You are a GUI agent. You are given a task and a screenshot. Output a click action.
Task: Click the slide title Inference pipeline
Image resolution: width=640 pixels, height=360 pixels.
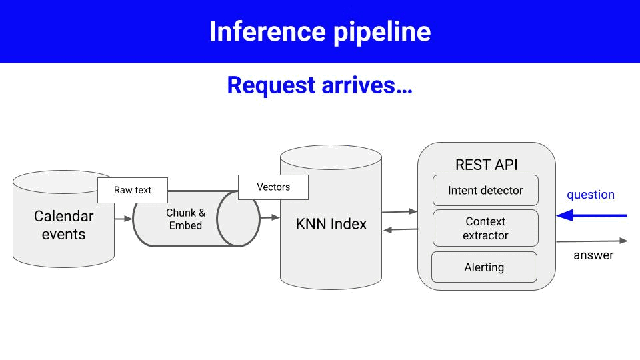tap(320, 31)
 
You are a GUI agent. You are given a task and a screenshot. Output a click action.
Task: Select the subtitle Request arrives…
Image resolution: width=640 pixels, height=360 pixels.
tap(320, 85)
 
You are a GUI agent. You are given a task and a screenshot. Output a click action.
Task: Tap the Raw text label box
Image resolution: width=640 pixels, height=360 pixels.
tap(133, 190)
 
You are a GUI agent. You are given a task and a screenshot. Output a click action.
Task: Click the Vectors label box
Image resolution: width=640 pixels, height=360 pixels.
tap(273, 187)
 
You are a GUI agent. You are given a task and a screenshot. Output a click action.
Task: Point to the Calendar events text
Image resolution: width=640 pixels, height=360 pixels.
tap(63, 225)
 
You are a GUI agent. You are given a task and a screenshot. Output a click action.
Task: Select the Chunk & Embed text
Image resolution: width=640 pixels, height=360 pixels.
tap(185, 219)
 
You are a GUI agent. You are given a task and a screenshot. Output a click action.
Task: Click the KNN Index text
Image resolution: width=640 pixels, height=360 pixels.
tap(331, 224)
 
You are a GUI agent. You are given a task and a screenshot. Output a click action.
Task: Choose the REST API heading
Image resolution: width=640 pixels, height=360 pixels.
tap(486, 165)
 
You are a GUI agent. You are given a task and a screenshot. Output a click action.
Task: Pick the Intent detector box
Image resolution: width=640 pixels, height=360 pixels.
tap(485, 191)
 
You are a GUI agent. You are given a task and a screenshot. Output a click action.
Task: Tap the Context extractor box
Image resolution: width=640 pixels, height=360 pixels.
tap(485, 228)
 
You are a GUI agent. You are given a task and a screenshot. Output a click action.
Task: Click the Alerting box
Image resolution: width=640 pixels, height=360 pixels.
tap(484, 267)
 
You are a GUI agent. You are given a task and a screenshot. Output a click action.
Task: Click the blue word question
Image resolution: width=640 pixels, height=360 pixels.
tap(590, 195)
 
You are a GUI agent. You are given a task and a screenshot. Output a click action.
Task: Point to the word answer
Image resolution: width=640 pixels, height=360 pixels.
tap(593, 255)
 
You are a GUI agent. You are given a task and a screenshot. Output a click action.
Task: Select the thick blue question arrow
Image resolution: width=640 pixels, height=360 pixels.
tap(593, 215)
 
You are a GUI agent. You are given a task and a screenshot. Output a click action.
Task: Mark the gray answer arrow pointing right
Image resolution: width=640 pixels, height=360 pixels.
tap(592, 241)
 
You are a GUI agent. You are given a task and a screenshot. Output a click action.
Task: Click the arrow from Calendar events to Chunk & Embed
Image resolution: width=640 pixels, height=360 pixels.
tap(123, 218)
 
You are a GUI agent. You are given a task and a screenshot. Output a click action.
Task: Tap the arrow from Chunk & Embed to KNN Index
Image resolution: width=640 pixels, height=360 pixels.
tap(269, 217)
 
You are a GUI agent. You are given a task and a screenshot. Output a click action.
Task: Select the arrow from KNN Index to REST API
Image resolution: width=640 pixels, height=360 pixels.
tap(399, 211)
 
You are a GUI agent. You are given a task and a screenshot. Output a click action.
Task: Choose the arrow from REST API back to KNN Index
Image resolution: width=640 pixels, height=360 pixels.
tap(401, 230)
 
